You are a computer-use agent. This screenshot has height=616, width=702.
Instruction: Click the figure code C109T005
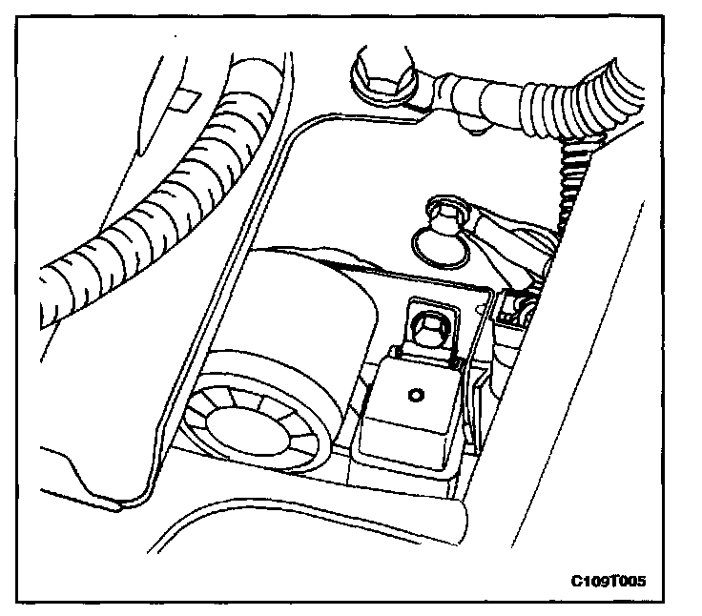pyautogui.click(x=615, y=580)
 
